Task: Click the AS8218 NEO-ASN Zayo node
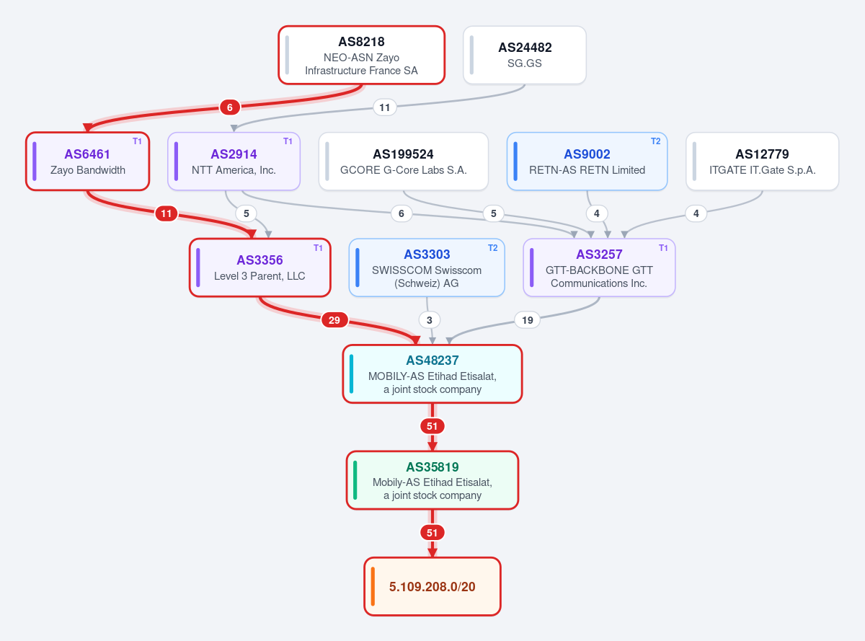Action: tap(361, 55)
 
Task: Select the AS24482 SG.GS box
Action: tap(525, 55)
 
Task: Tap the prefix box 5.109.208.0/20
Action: tap(432, 586)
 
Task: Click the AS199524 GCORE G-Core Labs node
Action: tap(403, 162)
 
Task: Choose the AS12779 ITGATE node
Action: tap(762, 162)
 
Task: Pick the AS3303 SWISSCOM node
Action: tap(427, 268)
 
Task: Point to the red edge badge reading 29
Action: tap(334, 320)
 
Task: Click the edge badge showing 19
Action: tap(527, 320)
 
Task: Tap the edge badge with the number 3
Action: tap(430, 320)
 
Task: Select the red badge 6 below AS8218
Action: tap(230, 107)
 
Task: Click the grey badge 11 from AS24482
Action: tap(384, 107)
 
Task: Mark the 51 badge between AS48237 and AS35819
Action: tap(432, 426)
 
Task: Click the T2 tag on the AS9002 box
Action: tap(655, 141)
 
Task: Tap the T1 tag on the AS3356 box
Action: tap(318, 248)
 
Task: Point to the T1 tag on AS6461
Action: tap(137, 141)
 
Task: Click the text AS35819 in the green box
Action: tap(432, 467)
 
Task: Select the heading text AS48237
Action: tap(432, 360)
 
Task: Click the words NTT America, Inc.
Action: tap(234, 170)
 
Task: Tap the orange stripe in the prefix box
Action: tap(373, 586)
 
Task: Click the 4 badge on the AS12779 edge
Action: tap(696, 213)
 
